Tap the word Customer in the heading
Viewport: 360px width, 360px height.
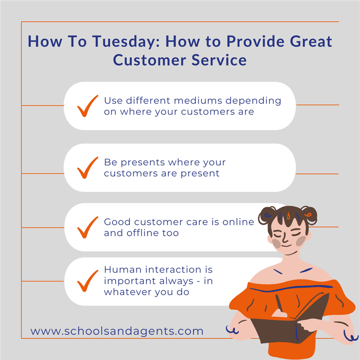150,60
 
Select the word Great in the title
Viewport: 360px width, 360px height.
311,41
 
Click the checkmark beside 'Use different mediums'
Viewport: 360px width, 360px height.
88,106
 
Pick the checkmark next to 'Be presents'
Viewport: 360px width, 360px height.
88,168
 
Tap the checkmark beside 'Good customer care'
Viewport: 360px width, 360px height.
88,227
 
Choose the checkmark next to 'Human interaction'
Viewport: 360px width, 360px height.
88,281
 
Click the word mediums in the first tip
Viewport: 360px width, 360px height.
198,101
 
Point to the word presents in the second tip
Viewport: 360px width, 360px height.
142,163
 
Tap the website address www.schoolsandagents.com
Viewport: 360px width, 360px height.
117,331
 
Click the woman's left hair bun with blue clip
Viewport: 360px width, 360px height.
267,215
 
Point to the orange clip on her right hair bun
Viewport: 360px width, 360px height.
308,215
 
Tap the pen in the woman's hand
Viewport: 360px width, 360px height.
279,303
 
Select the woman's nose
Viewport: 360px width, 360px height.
285,238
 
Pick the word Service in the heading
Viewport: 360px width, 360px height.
219,60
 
